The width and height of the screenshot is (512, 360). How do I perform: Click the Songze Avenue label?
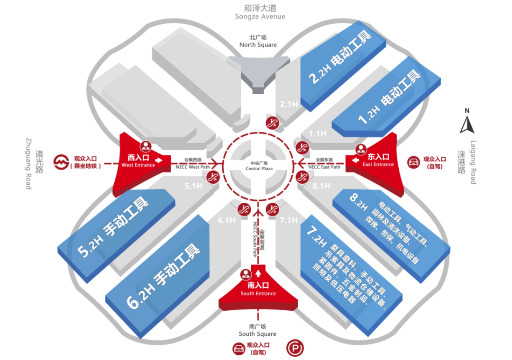260,12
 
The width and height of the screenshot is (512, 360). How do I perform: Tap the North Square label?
258,41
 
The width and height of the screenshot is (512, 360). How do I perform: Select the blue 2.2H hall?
337,66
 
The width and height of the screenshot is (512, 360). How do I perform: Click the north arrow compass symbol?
467,122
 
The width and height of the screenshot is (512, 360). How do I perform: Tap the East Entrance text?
378,161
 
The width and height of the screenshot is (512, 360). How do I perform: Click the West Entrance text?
138,161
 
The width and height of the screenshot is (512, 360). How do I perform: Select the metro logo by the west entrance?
60,162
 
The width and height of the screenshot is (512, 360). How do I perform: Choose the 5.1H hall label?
193,186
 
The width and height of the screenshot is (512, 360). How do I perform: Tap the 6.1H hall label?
227,220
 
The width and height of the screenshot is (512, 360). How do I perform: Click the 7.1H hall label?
288,220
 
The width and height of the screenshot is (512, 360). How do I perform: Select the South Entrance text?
258,289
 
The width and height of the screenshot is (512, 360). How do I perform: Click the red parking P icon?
294,350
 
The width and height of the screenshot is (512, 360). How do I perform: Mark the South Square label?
257,330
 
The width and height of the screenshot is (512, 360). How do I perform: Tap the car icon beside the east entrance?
413,162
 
